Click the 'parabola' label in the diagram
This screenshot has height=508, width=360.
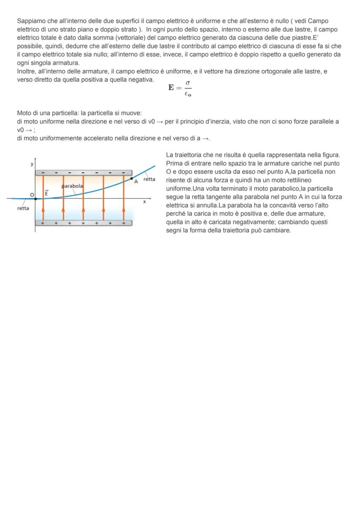pos(73,186)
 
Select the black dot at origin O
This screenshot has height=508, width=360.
pos(35,199)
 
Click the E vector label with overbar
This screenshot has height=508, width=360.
pos(46,193)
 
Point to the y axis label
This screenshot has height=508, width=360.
pos(31,164)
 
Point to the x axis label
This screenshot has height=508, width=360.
pos(144,202)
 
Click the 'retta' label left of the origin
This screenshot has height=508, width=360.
pos(23,208)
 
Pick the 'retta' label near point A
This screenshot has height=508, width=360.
pos(149,179)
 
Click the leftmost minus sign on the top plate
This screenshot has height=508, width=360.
pos(43,173)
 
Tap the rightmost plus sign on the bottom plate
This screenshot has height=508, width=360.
pos(123,223)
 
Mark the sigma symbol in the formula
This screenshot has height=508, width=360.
pos(187,83)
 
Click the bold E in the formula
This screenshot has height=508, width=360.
pos(172,87)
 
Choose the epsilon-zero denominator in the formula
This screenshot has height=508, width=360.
pos(188,93)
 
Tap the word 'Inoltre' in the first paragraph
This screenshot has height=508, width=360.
pos(26,71)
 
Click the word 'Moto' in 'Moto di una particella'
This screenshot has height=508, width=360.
pos(24,113)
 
